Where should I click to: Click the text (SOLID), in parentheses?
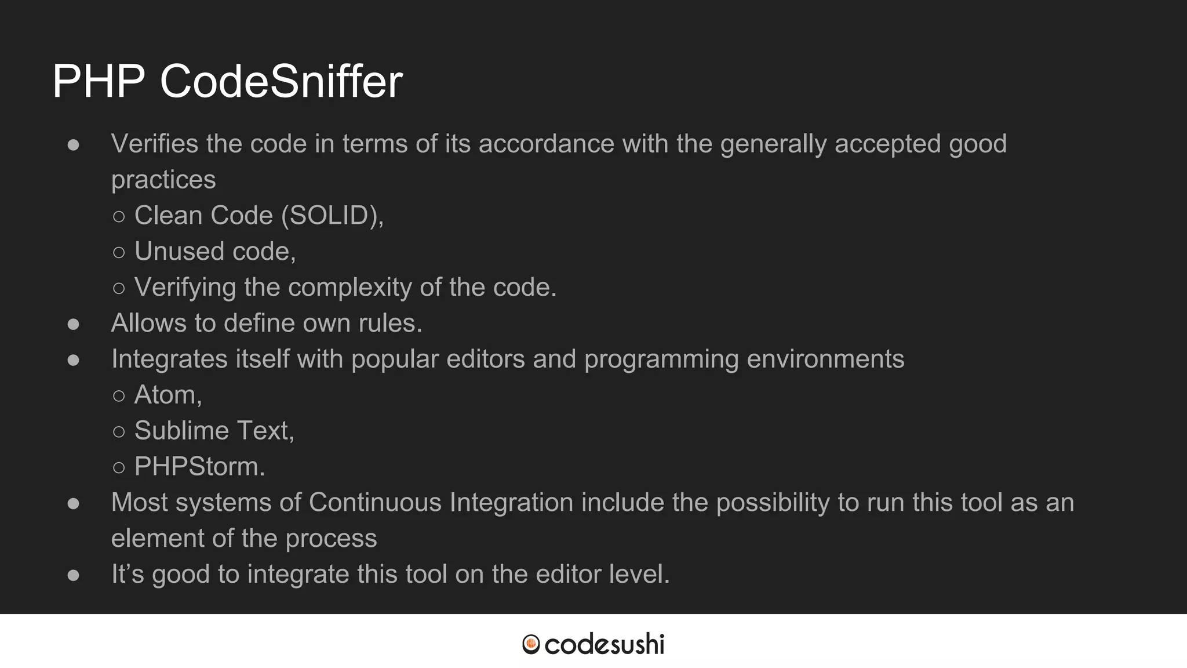pyautogui.click(x=332, y=216)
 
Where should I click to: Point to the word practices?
pyautogui.click(x=163, y=180)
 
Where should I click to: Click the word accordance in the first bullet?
pyautogui.click(x=546, y=144)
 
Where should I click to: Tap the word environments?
pyautogui.click(x=825, y=359)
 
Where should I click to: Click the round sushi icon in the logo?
pyautogui.click(x=531, y=644)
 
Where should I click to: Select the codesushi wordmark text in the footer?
pyautogui.click(x=605, y=644)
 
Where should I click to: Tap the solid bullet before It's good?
pyautogui.click(x=73, y=575)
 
